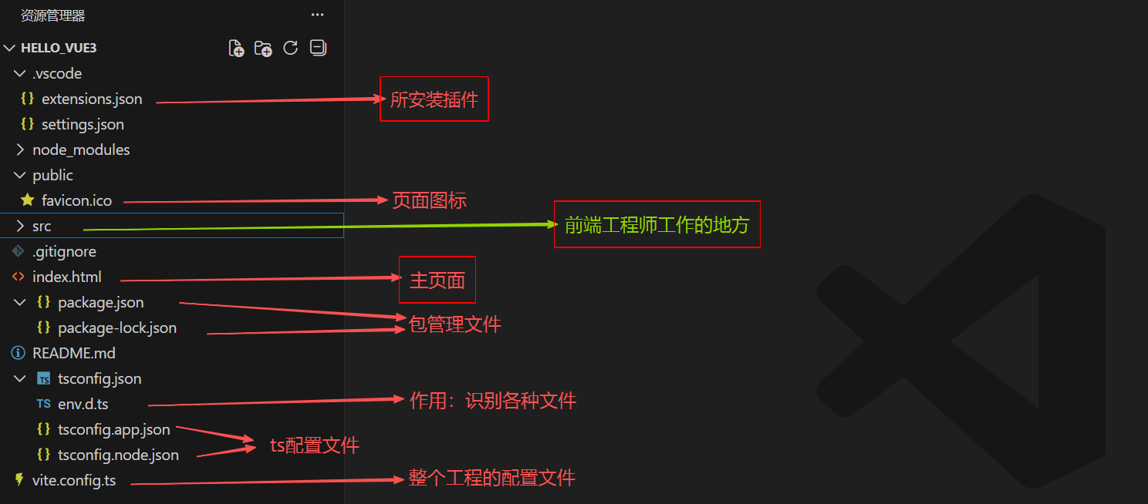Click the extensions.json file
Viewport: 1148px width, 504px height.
point(91,99)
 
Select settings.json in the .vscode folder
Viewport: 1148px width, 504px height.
point(83,125)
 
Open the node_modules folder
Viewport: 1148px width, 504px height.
point(81,150)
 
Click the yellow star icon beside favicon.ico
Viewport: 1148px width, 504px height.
point(28,200)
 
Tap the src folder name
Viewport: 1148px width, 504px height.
point(42,227)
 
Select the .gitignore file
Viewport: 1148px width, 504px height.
point(64,252)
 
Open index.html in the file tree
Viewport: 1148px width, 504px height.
point(66,277)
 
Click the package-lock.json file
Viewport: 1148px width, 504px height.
point(116,328)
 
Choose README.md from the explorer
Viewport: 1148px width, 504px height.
point(73,354)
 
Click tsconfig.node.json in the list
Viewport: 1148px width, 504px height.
point(118,455)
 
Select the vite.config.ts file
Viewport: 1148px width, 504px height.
point(73,481)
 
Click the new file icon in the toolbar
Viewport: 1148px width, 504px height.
point(237,49)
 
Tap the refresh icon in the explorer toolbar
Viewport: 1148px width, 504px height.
point(290,48)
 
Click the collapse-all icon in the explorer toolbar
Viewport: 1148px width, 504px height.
point(317,48)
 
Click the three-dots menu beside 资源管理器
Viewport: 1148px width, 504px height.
point(318,15)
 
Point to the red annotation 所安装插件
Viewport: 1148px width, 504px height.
point(434,100)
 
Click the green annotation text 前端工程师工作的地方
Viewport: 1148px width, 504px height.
point(657,225)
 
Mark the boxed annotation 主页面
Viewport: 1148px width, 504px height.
point(437,281)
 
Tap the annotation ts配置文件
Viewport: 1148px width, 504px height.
point(314,445)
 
